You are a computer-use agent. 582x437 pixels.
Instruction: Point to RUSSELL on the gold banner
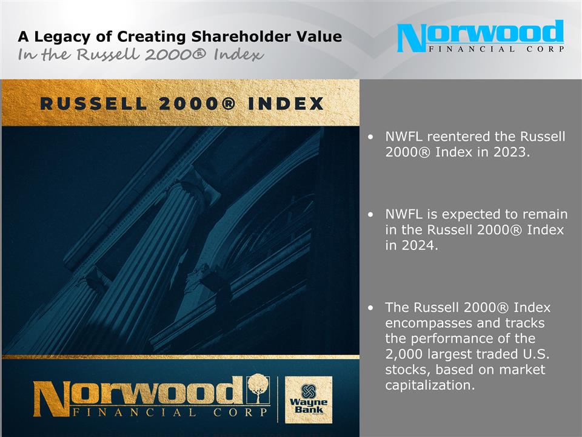[93, 104]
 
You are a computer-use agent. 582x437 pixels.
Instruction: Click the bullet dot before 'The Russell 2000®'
[371, 309]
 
